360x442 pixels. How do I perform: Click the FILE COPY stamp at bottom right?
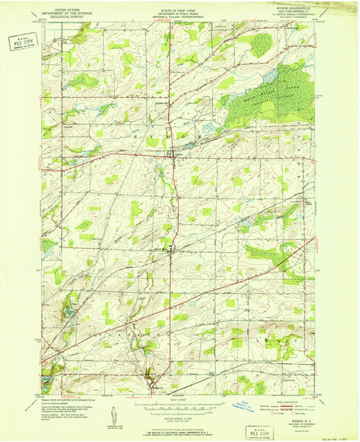(261, 431)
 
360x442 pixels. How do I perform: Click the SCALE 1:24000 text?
(179, 401)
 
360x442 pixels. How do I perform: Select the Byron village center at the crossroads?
(171, 155)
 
